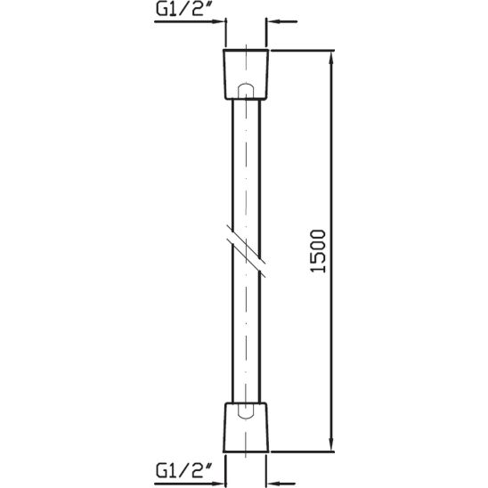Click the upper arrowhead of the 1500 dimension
pos(332,59)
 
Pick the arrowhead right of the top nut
pos(273,24)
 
